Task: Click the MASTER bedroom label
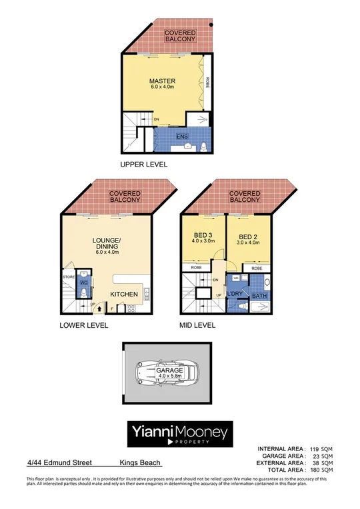(x=162, y=81)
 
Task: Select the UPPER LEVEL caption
(x=143, y=165)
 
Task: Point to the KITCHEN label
(x=124, y=294)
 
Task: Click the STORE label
(x=68, y=276)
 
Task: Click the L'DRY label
(x=235, y=294)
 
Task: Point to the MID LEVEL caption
(x=197, y=326)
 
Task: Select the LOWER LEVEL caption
(x=83, y=326)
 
